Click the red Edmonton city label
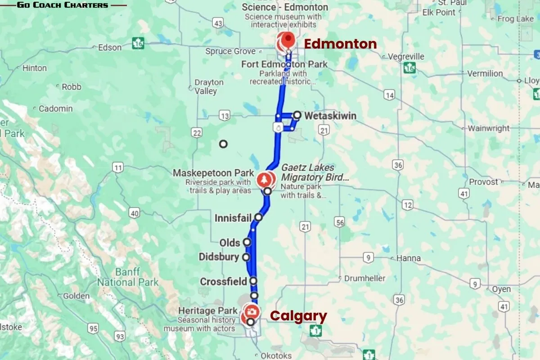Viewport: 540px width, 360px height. pos(340,44)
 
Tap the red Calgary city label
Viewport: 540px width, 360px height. pos(298,316)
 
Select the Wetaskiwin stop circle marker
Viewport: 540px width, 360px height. pos(297,115)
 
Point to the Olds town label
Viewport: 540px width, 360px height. pos(229,243)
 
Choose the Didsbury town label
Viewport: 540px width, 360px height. pos(219,257)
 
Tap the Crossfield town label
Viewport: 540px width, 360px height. pos(223,282)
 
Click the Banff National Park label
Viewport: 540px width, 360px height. pos(128,277)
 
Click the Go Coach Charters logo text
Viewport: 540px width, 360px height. pos(63,5)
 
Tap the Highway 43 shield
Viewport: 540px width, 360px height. pos(219,23)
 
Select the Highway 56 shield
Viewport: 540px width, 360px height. pos(340,222)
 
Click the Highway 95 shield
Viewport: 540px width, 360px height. pos(93,328)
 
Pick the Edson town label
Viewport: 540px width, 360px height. pos(110,47)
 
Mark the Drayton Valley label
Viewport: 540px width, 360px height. pos(209,86)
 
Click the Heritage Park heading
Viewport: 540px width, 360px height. pos(207,310)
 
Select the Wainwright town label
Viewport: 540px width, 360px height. pos(488,128)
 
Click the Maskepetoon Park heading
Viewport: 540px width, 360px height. pos(210,173)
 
